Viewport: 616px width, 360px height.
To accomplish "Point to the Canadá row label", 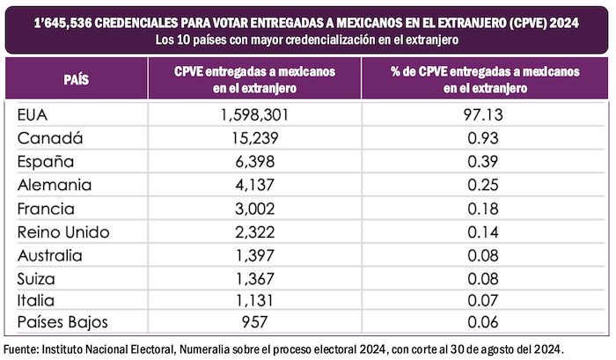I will coord(49,138).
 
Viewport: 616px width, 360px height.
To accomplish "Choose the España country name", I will coord(46,162).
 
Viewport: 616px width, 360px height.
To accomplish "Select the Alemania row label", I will coord(53,185).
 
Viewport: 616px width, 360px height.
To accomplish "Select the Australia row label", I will coord(54,256).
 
